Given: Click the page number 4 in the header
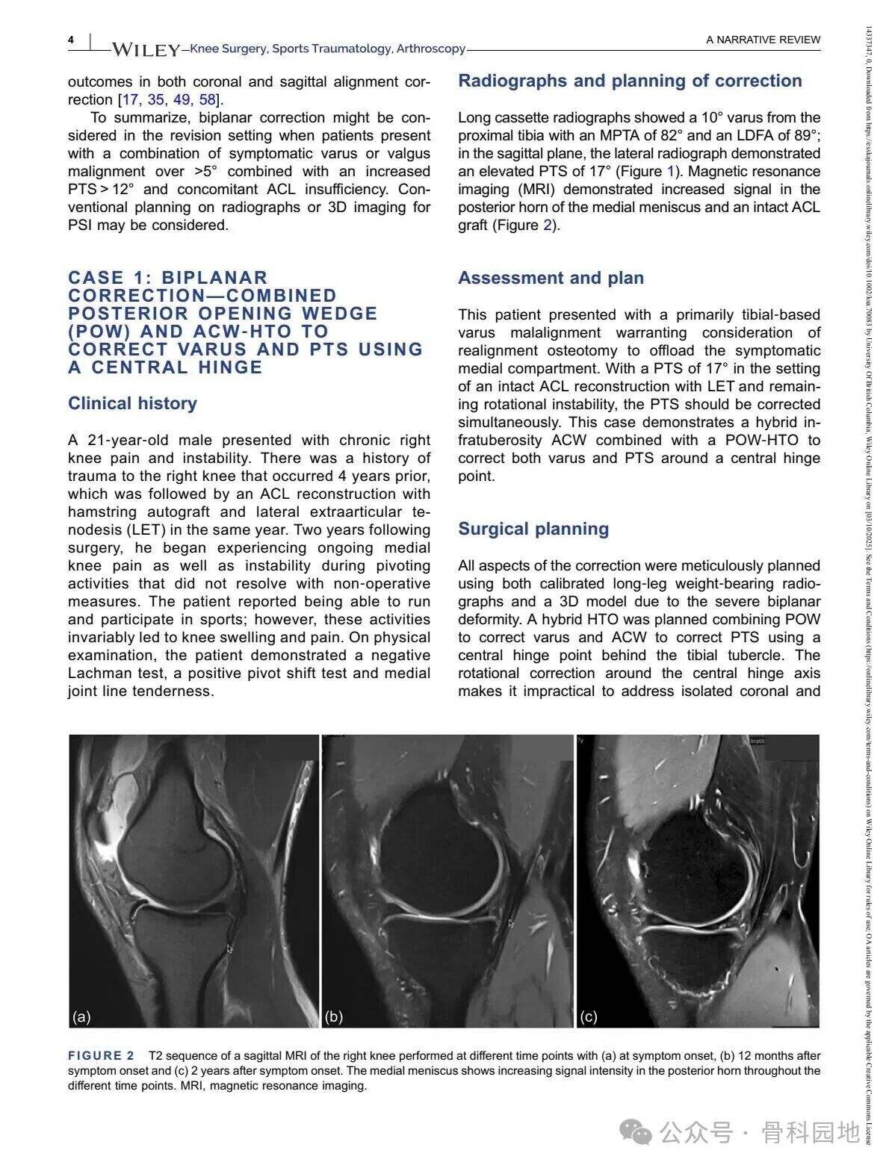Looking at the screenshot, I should tap(71, 40).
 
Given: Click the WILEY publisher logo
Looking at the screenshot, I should tap(146, 50).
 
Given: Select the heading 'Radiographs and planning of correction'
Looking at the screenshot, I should tap(630, 81).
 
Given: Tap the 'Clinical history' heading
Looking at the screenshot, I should tap(132, 403).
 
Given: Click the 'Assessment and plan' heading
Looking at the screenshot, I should tap(551, 278).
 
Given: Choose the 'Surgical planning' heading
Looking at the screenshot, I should tap(533, 529).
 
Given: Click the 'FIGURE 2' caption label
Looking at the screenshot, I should tap(101, 1055).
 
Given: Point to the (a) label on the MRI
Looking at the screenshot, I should tap(81, 1016).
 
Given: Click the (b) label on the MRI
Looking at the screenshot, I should tap(334, 1016).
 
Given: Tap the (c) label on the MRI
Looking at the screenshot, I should tap(589, 1016).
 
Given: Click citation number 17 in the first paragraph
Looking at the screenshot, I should tap(130, 99).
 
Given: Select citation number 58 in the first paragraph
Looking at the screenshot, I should tap(207, 99).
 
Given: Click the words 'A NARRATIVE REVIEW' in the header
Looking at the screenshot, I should tap(763, 40).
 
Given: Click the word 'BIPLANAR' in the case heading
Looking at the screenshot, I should tap(214, 278).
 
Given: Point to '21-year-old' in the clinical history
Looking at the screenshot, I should tap(138, 440).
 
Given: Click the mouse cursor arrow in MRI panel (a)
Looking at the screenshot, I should tap(230, 948).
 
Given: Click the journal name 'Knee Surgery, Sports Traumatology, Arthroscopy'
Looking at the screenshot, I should tap(327, 49).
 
